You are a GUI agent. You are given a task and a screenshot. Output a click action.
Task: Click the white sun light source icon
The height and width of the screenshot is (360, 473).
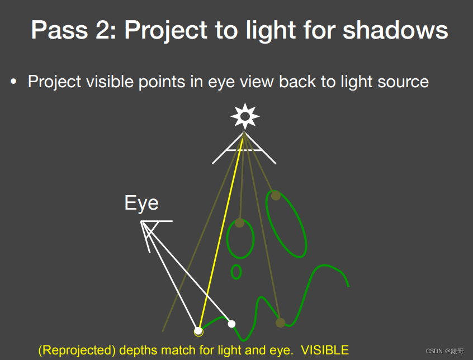click(245, 116)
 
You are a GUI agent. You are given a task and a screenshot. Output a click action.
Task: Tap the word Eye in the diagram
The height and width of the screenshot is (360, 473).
click(141, 203)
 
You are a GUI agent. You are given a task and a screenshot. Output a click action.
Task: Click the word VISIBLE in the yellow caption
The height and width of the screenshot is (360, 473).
click(325, 350)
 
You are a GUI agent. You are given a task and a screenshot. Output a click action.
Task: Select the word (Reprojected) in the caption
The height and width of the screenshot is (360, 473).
click(77, 350)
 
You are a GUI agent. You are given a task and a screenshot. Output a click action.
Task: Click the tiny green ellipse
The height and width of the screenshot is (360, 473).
click(236, 272)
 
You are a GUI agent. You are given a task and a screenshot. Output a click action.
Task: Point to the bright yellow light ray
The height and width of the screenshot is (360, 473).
click(221, 231)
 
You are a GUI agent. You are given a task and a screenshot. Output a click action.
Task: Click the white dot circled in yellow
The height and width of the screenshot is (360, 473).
click(198, 331)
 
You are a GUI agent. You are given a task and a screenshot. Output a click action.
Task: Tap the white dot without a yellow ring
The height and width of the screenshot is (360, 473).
click(231, 324)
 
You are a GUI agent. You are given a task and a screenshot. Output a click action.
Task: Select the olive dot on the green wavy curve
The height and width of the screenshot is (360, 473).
click(280, 323)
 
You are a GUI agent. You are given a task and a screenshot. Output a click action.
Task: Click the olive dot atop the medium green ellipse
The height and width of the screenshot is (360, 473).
click(239, 223)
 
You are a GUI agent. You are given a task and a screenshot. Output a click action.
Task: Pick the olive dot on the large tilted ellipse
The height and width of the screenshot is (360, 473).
click(276, 196)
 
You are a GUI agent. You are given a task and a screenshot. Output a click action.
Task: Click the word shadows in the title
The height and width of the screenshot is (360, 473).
click(395, 30)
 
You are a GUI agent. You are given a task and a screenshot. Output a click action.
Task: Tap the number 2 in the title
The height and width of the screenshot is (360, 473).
click(102, 30)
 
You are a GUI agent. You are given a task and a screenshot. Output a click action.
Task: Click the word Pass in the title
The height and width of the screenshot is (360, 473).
click(59, 30)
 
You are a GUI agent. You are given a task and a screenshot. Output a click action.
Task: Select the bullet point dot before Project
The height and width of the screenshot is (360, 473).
click(13, 82)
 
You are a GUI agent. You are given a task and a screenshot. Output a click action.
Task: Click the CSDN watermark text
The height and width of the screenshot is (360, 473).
click(444, 351)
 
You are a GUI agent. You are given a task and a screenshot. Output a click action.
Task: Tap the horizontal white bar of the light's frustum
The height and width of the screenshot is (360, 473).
click(244, 150)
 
